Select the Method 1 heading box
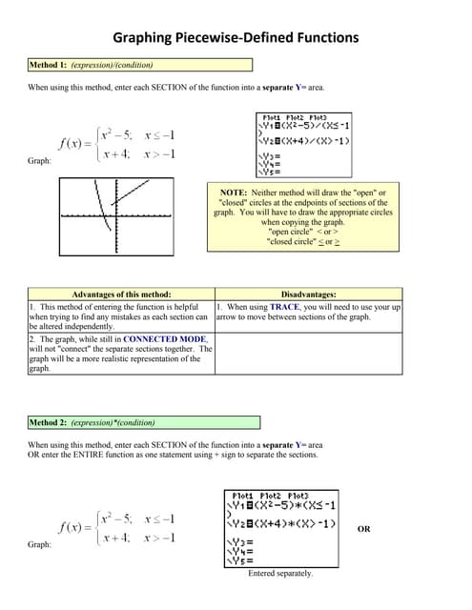(140, 65)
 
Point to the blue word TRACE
(285, 308)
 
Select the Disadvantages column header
(309, 295)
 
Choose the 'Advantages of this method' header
(121, 295)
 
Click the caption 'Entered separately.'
(280, 573)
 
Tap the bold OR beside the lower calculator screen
(363, 530)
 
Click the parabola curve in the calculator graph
(98, 205)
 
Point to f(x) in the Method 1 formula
(74, 144)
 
